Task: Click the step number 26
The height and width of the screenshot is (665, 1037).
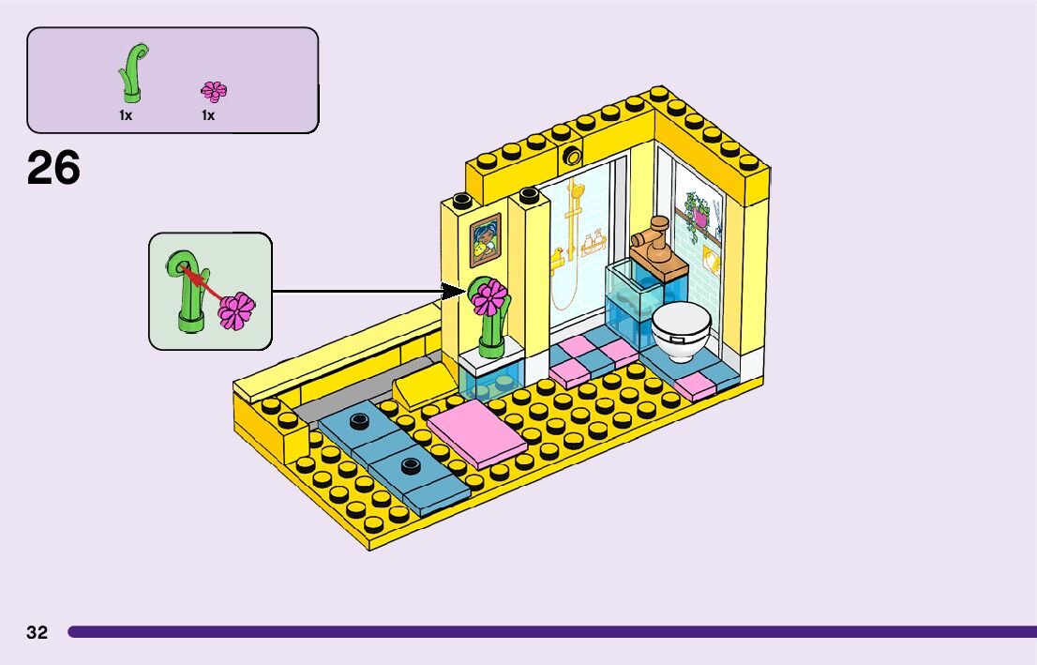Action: click(x=53, y=169)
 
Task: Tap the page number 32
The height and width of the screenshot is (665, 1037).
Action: click(x=37, y=632)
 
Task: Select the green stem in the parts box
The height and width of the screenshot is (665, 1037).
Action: click(x=132, y=73)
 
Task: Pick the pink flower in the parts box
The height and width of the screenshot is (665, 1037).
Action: click(x=214, y=91)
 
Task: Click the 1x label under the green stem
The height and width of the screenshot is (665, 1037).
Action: click(x=125, y=115)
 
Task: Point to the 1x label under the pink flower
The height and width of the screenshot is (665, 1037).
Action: click(x=207, y=115)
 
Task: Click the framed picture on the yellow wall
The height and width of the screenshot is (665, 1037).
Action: click(x=485, y=240)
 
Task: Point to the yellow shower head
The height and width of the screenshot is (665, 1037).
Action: click(x=578, y=192)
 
